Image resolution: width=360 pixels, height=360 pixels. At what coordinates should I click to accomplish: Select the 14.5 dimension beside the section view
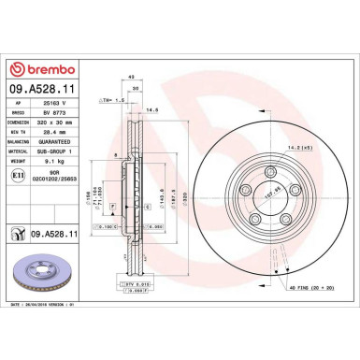[x=176, y=111]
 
